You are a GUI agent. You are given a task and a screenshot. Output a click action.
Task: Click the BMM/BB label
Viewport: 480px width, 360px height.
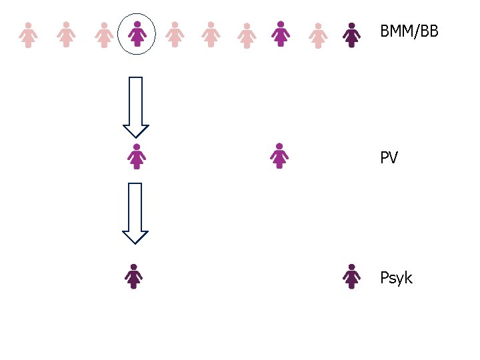[x=409, y=31]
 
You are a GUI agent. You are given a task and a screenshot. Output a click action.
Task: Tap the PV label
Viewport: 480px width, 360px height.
[x=389, y=158]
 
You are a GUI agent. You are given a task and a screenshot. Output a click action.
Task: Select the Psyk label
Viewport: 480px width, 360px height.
[x=396, y=278]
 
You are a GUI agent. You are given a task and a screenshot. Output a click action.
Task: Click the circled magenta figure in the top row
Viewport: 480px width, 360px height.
[x=137, y=34]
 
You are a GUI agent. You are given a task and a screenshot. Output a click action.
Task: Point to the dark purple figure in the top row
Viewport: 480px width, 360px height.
[x=351, y=35]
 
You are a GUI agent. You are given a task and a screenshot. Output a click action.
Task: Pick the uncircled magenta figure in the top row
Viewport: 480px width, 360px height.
[x=281, y=34]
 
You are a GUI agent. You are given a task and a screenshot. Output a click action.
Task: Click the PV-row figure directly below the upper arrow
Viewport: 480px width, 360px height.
[x=137, y=156]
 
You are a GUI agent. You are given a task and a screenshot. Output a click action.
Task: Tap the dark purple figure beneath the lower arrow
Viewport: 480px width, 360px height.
[x=134, y=276]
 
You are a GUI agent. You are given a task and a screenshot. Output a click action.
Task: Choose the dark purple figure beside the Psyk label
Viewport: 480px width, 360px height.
[x=351, y=276]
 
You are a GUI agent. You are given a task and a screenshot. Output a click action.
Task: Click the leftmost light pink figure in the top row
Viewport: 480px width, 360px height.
[x=28, y=35]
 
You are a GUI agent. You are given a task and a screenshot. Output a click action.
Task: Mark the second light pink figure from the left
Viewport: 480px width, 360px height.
[x=65, y=34]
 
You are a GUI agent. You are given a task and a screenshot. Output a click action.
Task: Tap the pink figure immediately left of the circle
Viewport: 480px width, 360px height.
[x=103, y=35]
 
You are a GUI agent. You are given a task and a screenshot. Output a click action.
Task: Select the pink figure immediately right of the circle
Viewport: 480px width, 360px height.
[x=175, y=34]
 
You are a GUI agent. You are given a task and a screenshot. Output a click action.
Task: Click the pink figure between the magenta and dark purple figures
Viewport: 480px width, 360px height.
[x=318, y=35]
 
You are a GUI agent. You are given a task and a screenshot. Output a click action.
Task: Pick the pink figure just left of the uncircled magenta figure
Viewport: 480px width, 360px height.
[x=247, y=35]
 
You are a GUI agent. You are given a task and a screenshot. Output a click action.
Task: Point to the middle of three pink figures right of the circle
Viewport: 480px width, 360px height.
[x=211, y=34]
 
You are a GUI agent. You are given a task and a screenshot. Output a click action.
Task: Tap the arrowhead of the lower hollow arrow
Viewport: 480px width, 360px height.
[x=135, y=236]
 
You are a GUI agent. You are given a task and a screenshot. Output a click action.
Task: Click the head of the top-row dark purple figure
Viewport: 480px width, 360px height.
[x=351, y=26]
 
